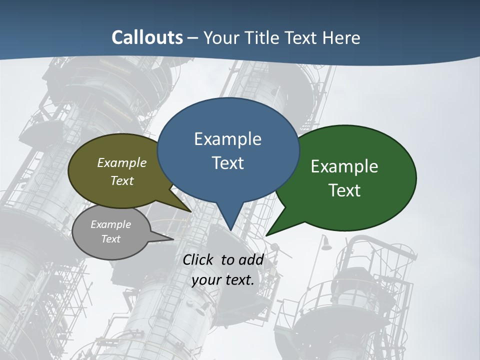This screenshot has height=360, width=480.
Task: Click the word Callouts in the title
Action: click(147, 37)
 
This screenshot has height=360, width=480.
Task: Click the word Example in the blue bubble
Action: click(227, 139)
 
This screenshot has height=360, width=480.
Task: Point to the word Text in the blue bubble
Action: click(227, 163)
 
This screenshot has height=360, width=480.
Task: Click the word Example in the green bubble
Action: click(344, 166)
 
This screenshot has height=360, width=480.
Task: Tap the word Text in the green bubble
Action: click(344, 190)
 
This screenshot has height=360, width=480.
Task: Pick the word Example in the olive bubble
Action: click(121, 162)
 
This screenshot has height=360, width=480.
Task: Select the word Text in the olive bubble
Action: click(121, 180)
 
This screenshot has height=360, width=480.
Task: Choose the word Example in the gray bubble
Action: click(110, 224)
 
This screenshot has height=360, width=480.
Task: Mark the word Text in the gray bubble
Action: click(110, 239)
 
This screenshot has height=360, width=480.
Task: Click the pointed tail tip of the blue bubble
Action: click(230, 230)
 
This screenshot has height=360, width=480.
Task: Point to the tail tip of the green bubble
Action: click(266, 235)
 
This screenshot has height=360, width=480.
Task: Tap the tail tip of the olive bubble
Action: click(191, 211)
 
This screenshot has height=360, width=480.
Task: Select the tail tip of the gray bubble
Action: click(173, 239)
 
